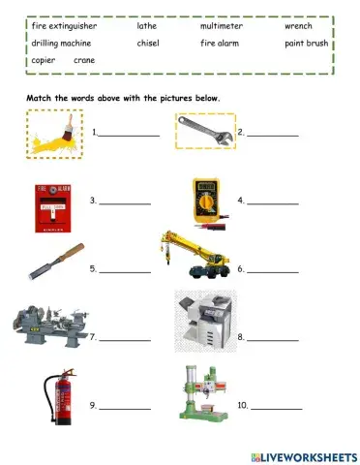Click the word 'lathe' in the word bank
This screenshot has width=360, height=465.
pyautogui.click(x=147, y=27)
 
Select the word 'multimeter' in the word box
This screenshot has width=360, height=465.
pyautogui.click(x=222, y=27)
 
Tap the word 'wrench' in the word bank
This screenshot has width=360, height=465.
pyautogui.click(x=298, y=27)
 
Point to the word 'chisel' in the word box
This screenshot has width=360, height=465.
pyautogui.click(x=148, y=44)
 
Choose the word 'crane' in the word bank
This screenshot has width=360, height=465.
pyautogui.click(x=84, y=60)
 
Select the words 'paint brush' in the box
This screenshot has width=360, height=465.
pyautogui.click(x=307, y=44)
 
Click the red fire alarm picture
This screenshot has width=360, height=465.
pyautogui.click(x=53, y=201)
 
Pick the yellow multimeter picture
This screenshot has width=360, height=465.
pyautogui.click(x=210, y=200)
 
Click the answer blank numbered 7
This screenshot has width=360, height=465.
pyautogui.click(x=125, y=340)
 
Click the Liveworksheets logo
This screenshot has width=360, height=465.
pyautogui.click(x=302, y=454)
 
